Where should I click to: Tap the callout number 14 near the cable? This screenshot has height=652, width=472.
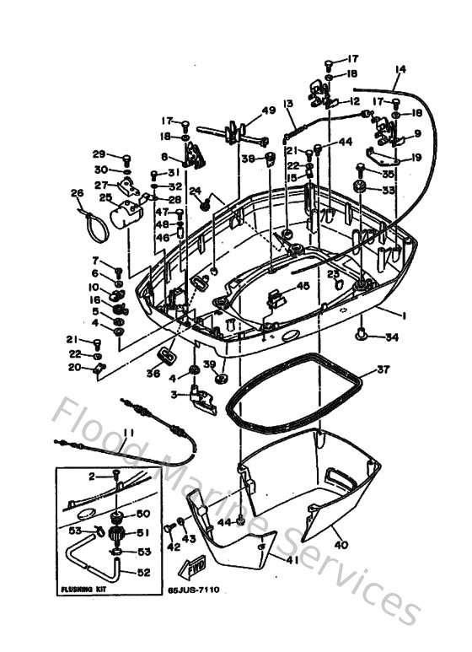400,68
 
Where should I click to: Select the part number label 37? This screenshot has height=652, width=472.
383,369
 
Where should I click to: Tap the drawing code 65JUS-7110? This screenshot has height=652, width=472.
193,590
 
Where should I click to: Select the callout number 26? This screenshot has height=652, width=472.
77,193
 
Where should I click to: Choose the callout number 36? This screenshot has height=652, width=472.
153,373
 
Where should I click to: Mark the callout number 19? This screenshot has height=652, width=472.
416,156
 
